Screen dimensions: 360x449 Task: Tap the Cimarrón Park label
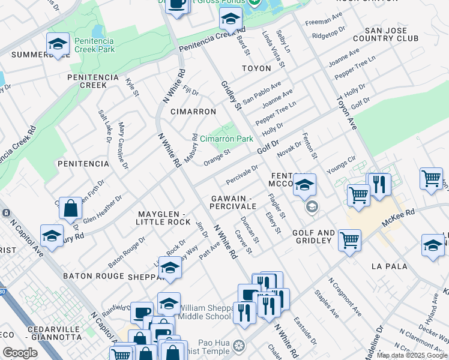(226, 139)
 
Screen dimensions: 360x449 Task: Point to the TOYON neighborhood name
(256, 68)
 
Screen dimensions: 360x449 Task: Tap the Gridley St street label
(231, 96)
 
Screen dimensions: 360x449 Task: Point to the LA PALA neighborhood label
(389, 266)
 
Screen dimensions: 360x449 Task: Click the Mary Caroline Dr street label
(123, 145)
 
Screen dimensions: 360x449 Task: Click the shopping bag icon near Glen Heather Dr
(71, 209)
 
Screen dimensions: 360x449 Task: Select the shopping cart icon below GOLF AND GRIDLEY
(349, 240)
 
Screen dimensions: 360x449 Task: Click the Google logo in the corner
(20, 353)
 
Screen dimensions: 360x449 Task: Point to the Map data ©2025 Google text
(412, 355)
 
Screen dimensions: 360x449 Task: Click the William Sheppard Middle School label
(205, 311)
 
